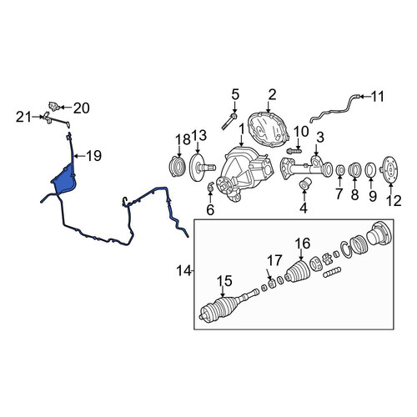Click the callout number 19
click(93, 156)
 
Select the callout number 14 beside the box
click(183, 270)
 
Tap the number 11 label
click(378, 97)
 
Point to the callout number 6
click(210, 209)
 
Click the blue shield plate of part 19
click(64, 179)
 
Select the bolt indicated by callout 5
click(229, 122)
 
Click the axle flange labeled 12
click(390, 169)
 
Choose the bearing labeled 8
click(354, 169)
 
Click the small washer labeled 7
click(340, 170)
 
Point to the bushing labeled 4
click(304, 183)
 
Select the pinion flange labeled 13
click(201, 168)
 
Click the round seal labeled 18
click(178, 166)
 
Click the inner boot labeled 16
click(297, 272)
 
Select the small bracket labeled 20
click(53, 106)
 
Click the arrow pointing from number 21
click(38, 118)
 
